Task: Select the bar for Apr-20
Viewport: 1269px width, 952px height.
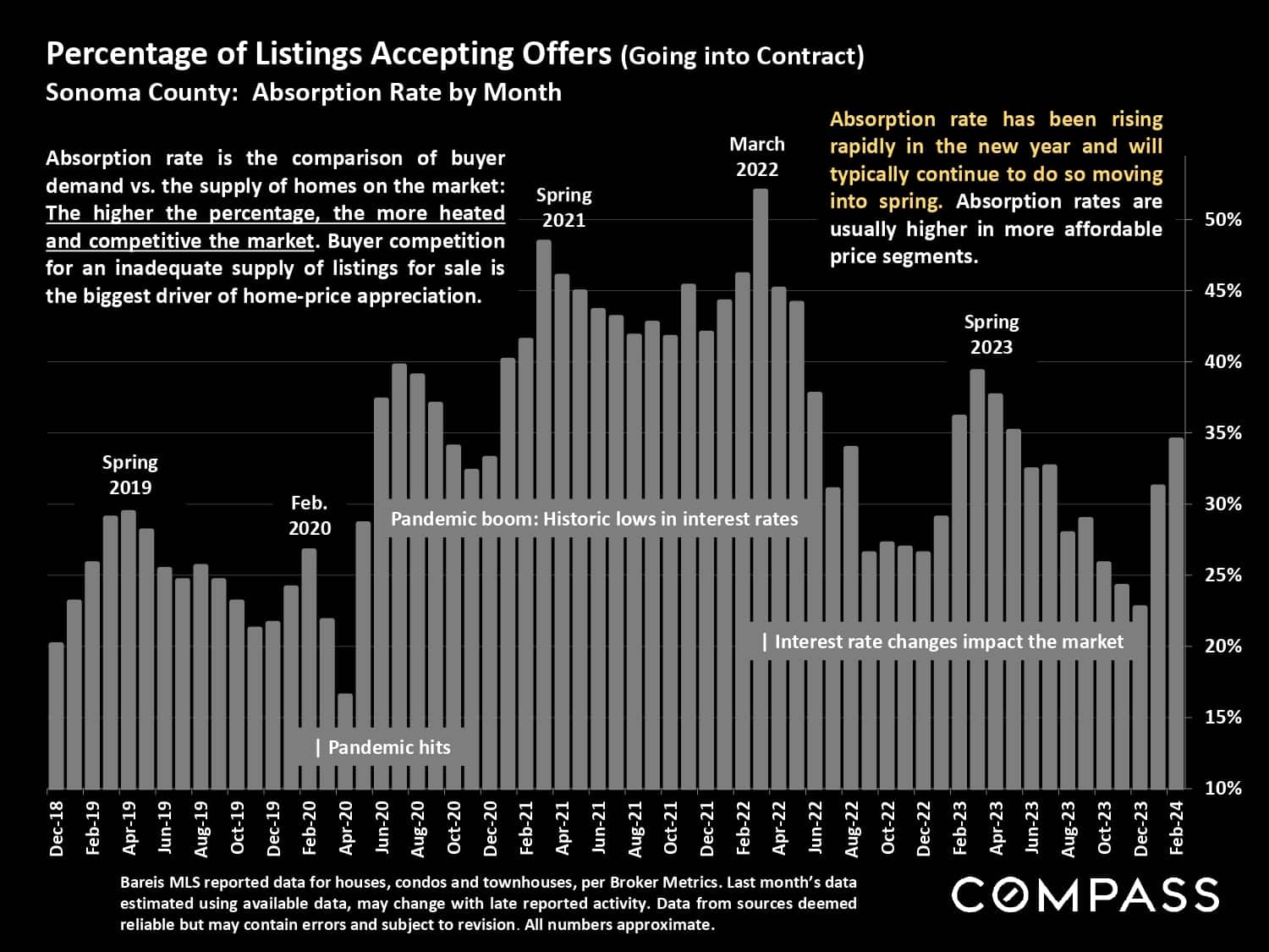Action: tap(344, 741)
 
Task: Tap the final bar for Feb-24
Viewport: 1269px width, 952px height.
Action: tap(1176, 613)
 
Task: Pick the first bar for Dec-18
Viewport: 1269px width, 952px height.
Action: tap(56, 715)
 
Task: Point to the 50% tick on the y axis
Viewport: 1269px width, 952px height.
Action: tap(1223, 219)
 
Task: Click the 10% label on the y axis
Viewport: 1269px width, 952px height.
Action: tap(1223, 788)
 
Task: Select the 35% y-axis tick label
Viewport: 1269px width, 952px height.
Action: tap(1223, 432)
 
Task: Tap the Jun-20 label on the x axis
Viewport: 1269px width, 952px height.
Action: tap(382, 828)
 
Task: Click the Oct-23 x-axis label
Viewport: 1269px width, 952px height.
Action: tap(1105, 828)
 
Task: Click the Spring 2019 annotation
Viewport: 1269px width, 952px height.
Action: tap(129, 475)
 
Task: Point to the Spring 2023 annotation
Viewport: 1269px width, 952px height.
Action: tap(992, 334)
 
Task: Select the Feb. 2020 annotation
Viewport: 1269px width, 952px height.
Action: tap(310, 515)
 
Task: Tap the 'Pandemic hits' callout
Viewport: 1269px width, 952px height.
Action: tap(383, 747)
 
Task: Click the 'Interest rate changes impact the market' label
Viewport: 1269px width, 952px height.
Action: tap(943, 641)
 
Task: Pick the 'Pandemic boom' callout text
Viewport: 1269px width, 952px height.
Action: tap(594, 519)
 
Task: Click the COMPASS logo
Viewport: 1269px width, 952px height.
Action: tap(1085, 894)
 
